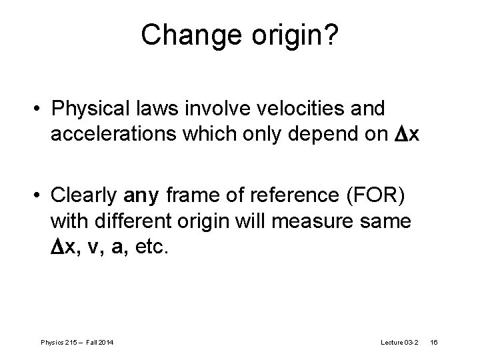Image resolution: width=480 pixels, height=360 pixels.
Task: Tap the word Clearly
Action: coord(85,196)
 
